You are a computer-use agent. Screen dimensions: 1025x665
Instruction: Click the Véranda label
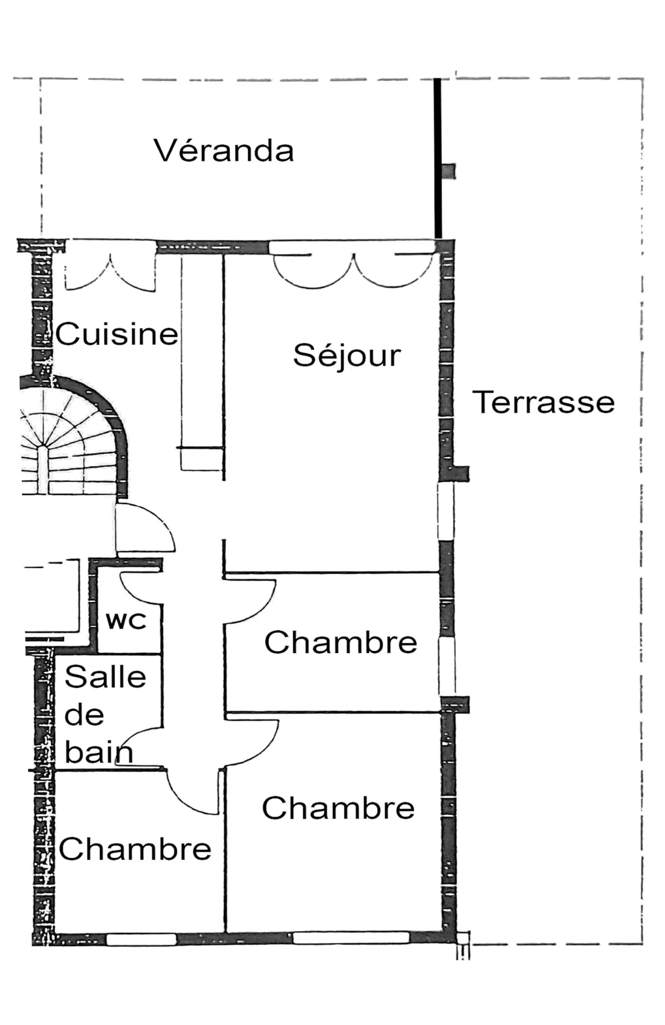click(x=224, y=151)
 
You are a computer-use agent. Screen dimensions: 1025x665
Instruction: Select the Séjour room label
click(x=347, y=356)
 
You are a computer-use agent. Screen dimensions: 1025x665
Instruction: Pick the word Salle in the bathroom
click(x=105, y=677)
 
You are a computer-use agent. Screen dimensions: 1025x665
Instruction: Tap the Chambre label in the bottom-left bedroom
click(x=135, y=849)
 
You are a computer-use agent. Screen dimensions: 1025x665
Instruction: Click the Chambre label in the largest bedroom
click(x=338, y=808)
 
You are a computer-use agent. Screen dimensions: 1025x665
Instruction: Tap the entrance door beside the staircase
click(x=143, y=529)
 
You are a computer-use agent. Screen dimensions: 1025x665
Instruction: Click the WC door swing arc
click(x=139, y=589)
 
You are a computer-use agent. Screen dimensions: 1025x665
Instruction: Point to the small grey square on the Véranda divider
click(x=448, y=171)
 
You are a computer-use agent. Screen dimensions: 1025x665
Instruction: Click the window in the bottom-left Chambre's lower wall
click(x=141, y=939)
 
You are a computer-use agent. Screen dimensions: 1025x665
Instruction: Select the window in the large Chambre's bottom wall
click(x=351, y=938)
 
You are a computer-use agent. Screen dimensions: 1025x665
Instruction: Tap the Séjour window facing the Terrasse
click(x=446, y=511)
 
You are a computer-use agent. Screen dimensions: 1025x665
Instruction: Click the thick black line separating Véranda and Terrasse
click(x=437, y=157)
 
